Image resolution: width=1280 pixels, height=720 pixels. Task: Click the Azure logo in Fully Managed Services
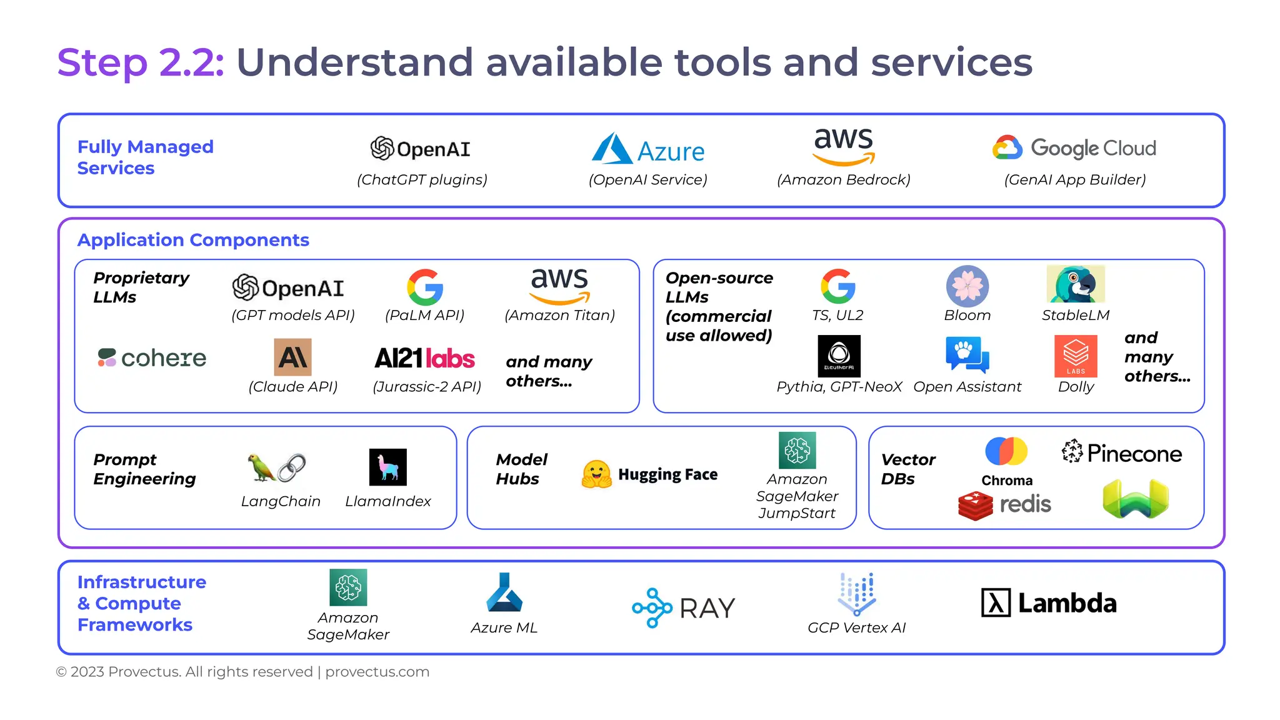coord(647,150)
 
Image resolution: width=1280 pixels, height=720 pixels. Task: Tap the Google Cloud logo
coord(1074,148)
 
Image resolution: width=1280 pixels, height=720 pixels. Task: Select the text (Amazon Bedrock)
coord(843,180)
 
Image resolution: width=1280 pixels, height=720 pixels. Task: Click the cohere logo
coord(152,357)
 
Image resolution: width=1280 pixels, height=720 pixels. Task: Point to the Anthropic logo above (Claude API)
coord(292,357)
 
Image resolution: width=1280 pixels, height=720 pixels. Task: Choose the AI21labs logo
coord(424,358)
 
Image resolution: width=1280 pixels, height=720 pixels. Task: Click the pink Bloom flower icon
coord(967,286)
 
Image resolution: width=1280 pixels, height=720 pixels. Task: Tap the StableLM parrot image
coord(1075,284)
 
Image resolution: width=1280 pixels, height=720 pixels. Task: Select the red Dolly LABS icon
coord(1075,356)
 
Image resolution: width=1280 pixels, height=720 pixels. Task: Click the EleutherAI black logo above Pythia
coord(839,356)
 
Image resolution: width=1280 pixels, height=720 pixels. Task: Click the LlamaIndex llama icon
coord(387,467)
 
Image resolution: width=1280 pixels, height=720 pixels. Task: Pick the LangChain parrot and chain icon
coord(277,467)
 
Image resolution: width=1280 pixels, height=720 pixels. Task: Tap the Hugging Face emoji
coord(596,474)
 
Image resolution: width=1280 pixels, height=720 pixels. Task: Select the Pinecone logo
coord(1121,452)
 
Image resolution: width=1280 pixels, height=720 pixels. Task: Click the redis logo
coord(1004,505)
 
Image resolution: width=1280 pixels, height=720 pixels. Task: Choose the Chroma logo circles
coord(1006,451)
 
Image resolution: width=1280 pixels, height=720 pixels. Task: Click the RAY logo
coord(683,607)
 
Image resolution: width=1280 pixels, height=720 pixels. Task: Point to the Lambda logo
coord(1049,603)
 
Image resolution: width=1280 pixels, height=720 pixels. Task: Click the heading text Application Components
coord(193,240)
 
